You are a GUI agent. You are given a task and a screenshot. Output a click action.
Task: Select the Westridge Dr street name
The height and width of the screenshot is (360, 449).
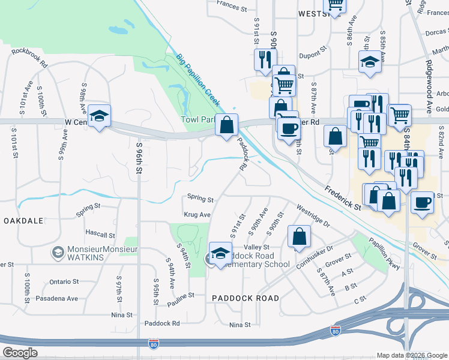pyautogui.click(x=313, y=216)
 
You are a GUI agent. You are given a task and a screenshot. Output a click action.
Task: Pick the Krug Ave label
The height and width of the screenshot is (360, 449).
pyautogui.click(x=197, y=215)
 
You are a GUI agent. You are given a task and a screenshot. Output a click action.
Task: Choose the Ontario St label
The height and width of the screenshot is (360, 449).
pyautogui.click(x=64, y=281)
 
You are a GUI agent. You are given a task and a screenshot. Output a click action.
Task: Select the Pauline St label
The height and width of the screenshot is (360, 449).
pyautogui.click(x=181, y=296)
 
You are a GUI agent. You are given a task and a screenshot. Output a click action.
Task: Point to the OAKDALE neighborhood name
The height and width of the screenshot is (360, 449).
pyautogui.click(x=23, y=221)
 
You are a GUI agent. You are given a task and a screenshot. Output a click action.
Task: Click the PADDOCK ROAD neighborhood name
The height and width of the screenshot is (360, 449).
pyautogui.click(x=246, y=298)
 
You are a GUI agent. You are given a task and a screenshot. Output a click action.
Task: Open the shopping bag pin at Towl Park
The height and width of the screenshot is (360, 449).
pyautogui.click(x=226, y=125)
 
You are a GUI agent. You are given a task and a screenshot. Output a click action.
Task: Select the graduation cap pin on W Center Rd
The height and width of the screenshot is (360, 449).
pyautogui.click(x=99, y=115)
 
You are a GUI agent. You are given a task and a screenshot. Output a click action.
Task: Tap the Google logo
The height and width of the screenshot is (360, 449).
pyautogui.click(x=21, y=353)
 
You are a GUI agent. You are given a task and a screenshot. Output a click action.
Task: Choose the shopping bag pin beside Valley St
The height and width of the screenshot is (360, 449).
pyautogui.click(x=298, y=236)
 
